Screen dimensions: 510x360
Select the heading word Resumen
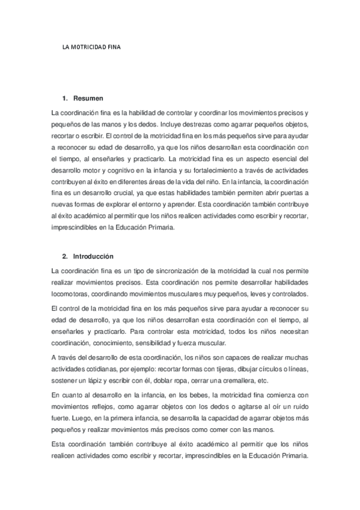88,97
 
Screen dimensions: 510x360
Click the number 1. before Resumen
65,97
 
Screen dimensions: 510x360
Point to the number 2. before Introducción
65,256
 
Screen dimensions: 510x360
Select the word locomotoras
72,293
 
